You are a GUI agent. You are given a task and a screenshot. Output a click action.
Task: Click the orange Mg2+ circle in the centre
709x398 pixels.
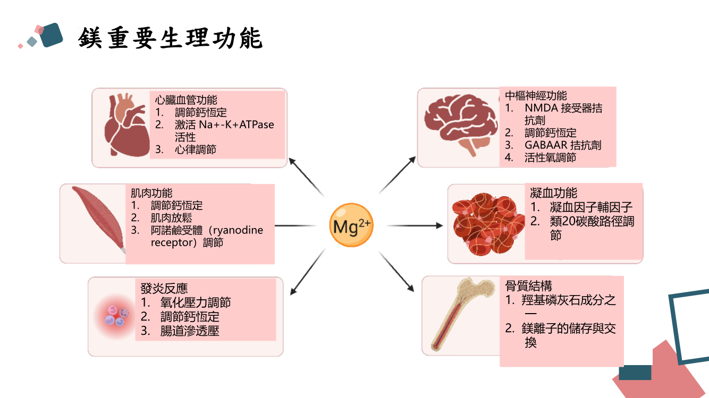[x=351, y=226]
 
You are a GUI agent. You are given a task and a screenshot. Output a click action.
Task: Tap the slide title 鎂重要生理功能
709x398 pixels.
[x=170, y=38]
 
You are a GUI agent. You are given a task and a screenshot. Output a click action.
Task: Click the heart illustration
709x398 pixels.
[x=125, y=126]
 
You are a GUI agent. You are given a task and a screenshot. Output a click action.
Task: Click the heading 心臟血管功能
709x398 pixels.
[x=186, y=100]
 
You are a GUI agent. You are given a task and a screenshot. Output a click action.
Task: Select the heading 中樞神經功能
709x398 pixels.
[x=536, y=96]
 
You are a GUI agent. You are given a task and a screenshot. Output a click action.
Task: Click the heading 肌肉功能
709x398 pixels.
[x=151, y=193]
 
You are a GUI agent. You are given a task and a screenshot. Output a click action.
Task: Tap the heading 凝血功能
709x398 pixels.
[x=553, y=193]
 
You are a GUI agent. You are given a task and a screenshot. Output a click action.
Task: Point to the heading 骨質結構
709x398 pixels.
[x=529, y=286]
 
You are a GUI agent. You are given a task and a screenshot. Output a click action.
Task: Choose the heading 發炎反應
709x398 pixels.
[x=164, y=288]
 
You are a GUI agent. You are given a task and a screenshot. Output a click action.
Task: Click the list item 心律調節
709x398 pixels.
[x=196, y=150]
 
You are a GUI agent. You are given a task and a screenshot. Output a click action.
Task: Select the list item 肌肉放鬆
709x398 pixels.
[x=171, y=218]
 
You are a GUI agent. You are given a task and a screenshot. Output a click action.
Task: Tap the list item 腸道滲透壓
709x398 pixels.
[x=190, y=331]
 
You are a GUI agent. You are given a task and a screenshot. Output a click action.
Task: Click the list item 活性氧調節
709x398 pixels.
[x=550, y=158]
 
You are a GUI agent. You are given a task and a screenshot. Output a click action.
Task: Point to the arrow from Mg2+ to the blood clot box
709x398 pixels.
[x=413, y=226]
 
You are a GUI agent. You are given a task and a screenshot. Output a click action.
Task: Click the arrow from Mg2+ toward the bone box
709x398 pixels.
[x=396, y=271]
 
